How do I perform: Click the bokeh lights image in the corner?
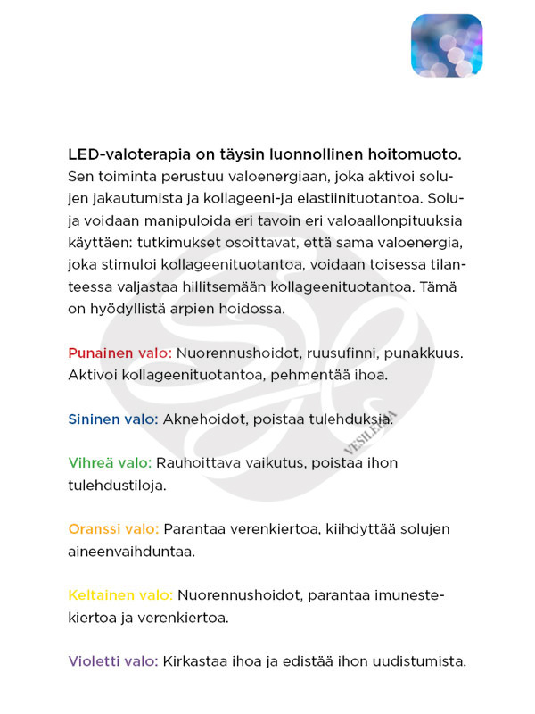pyautogui.click(x=446, y=46)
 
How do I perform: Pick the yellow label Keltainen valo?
pyautogui.click(x=120, y=595)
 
